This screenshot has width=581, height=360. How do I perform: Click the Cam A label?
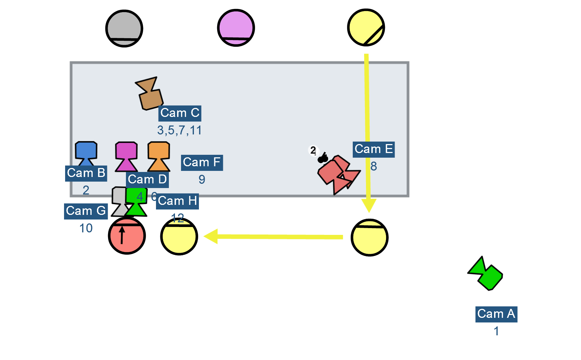click(496, 314)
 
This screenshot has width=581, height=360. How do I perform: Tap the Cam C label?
click(180, 113)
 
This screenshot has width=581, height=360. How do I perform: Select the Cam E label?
click(373, 149)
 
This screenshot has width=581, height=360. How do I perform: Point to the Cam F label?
click(201, 163)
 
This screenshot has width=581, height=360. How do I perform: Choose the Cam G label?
click(86, 211)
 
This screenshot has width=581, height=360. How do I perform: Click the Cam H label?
click(177, 201)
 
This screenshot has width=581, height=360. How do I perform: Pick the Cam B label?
click(86, 173)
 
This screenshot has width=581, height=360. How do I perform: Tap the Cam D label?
click(147, 180)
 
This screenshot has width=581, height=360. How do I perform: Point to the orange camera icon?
click(158, 156)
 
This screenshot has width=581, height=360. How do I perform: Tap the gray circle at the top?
click(124, 28)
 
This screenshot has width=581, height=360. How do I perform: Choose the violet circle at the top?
click(236, 28)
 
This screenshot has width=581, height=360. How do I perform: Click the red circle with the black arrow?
click(127, 236)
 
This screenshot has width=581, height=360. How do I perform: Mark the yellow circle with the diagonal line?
click(366, 28)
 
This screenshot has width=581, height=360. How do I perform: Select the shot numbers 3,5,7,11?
click(179, 130)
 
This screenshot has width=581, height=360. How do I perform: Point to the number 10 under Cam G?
click(86, 228)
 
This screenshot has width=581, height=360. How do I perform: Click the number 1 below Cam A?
click(496, 331)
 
